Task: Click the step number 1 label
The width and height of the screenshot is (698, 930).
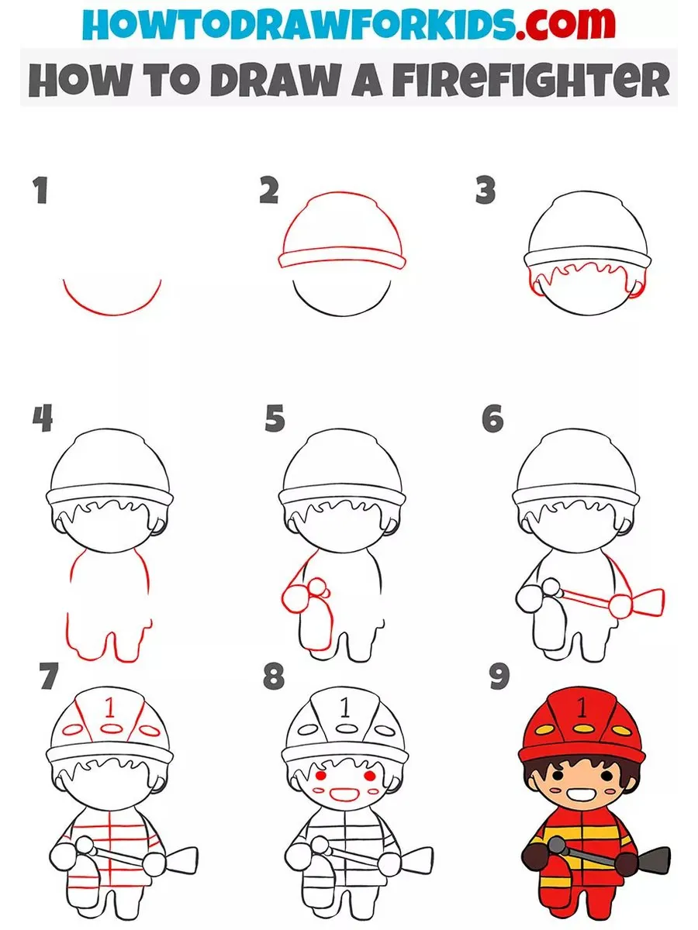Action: (41, 191)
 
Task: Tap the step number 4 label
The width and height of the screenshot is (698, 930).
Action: (43, 418)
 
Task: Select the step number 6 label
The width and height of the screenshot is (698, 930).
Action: (492, 418)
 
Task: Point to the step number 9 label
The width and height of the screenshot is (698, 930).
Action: (499, 677)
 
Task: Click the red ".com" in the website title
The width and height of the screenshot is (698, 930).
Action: (566, 23)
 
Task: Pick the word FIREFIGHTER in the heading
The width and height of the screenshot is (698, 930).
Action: (530, 79)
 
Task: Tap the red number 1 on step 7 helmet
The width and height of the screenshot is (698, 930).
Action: (110, 708)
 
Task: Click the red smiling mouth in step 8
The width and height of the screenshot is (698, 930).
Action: (344, 793)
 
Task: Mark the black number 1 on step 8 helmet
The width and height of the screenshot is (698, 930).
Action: (345, 708)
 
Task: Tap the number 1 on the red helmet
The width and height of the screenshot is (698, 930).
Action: (582, 708)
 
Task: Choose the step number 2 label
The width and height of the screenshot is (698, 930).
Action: (269, 191)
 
